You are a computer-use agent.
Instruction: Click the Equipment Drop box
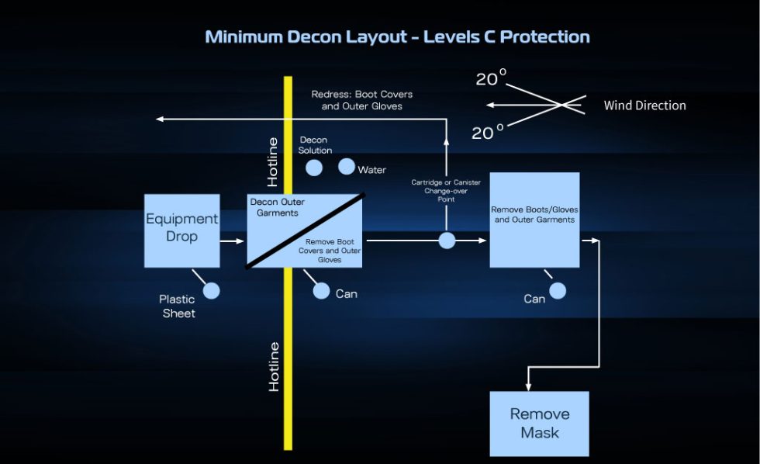(x=182, y=230)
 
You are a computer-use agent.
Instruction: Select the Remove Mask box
(x=539, y=423)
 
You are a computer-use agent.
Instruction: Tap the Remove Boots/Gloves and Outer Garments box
(x=534, y=220)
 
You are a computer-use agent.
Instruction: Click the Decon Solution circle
(x=314, y=168)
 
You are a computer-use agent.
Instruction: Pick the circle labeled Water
(x=347, y=166)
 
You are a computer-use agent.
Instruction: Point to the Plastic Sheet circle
(x=211, y=291)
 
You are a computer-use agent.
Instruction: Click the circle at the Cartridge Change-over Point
(x=447, y=241)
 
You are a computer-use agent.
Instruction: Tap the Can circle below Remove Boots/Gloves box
(x=558, y=291)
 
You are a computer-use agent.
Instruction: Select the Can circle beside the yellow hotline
(x=322, y=291)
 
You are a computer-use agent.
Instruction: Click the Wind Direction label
(x=644, y=106)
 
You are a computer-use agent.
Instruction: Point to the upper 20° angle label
(x=490, y=78)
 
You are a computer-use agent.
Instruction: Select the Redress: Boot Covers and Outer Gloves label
(x=362, y=100)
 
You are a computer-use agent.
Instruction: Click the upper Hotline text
(x=273, y=162)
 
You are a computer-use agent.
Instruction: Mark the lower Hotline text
(x=274, y=366)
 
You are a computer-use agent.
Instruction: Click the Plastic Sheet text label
(x=178, y=306)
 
